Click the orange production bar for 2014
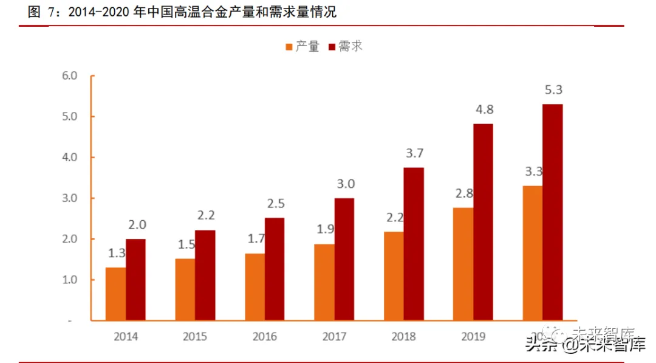pos(115,294)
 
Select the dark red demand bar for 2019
pos(483,222)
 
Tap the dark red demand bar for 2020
pos(552,212)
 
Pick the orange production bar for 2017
pos(324,282)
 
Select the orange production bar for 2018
pos(394,275)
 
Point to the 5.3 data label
pos(553,90)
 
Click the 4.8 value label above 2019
pos(483,110)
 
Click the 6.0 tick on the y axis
pos(70,76)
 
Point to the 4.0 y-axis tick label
pos(70,157)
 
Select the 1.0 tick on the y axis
pos(70,280)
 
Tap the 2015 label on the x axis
pos(195,336)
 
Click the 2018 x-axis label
pos(404,336)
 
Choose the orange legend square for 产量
pos(289,47)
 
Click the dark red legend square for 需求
pos(332,47)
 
